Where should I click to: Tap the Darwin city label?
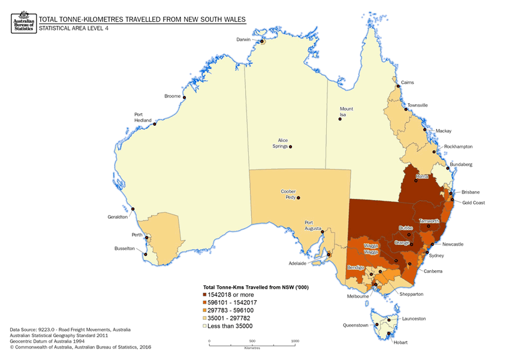(243, 40)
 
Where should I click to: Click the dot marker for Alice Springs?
(290, 147)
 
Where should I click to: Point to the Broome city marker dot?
(184, 98)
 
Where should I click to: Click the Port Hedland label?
(142, 117)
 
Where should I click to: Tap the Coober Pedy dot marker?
(298, 198)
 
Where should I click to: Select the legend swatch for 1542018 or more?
(205, 295)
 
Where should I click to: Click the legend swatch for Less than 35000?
(205, 326)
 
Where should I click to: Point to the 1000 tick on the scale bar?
(295, 341)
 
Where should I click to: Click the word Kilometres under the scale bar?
(252, 347)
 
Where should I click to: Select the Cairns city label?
(407, 83)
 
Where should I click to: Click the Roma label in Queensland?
(421, 177)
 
